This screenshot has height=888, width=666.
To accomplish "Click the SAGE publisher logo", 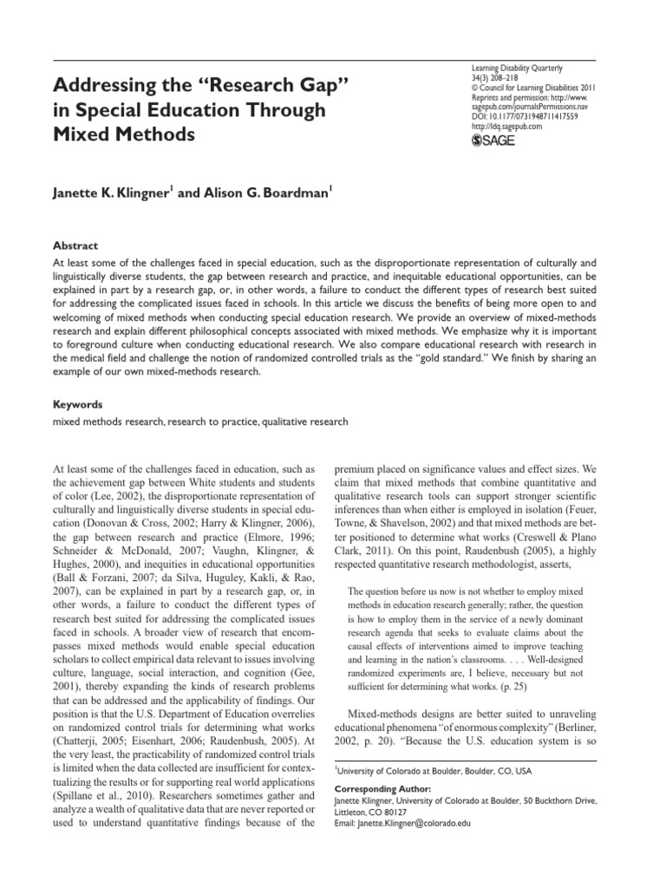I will [x=495, y=140].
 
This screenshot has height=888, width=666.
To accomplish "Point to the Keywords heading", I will [x=78, y=404].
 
